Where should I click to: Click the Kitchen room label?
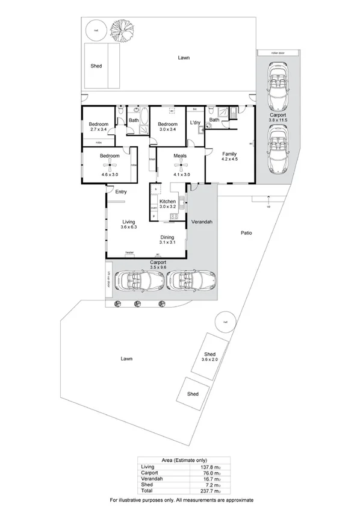pos(167,201)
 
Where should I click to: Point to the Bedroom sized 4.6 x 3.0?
pos(110,156)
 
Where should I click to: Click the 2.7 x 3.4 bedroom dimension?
pos(98,129)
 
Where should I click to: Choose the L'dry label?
pos(194,122)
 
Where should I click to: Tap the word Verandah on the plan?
pos(202,222)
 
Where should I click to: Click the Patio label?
pos(246,232)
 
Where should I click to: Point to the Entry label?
pos(121,192)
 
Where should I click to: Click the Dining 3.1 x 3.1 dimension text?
pos(167,243)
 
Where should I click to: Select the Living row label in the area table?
pos(147,467)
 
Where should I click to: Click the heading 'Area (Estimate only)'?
pos(179,460)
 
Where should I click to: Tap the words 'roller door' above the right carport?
pos(278,53)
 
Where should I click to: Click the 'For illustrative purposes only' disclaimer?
pos(181,500)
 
